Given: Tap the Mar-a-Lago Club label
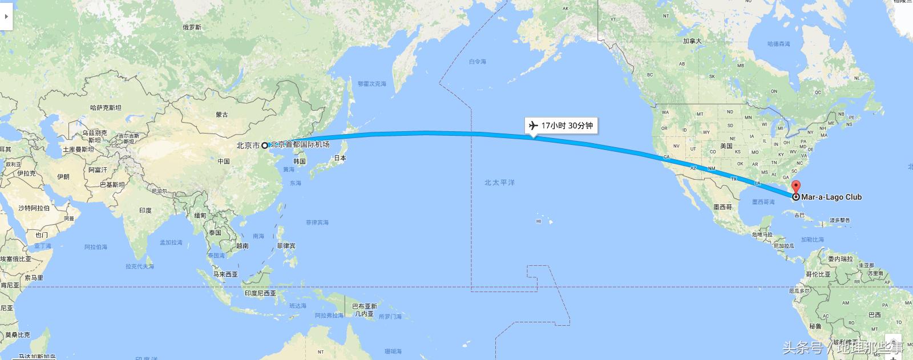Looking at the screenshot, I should coord(831,197).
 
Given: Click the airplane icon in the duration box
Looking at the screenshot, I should coord(534,126).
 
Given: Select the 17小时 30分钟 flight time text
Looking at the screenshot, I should coord(567,126).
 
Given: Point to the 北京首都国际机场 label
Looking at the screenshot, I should coord(300,145).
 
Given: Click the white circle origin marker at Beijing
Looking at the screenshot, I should coord(265,145).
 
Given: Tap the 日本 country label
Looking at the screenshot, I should coord(340,158).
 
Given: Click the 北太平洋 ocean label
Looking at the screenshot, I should coord(499,183).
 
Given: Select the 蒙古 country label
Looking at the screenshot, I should coord(222,115).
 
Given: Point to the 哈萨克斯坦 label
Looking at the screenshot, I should coord(106,107).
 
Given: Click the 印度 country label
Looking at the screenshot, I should coord(146,211).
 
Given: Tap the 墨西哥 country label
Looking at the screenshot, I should coord(722,207).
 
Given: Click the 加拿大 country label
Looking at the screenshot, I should coord(692,41).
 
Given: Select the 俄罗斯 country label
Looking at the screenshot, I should coord(192,27).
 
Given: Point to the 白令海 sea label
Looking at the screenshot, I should coord(478,62).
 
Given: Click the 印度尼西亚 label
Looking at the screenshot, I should coord(260,293).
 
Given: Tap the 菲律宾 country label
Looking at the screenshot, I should coord(286,246).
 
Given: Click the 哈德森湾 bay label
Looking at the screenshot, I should coord(779,44).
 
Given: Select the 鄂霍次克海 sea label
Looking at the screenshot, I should coord(372,84).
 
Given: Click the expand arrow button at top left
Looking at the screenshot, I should coord(6,17).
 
